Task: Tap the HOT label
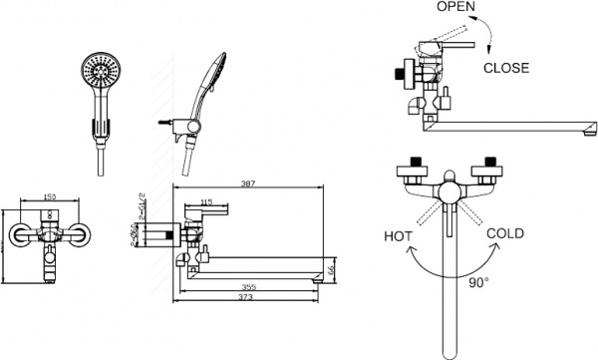pos(398,236)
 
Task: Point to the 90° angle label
pos(478,282)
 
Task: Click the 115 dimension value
pos(206,202)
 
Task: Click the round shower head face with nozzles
pos(99,74)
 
